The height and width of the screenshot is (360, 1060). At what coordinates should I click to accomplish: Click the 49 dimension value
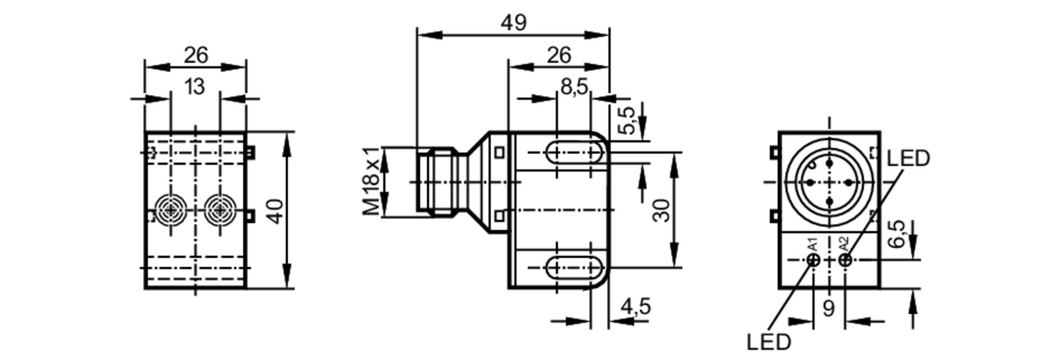513,23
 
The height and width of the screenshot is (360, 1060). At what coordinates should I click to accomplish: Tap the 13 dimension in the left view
195,86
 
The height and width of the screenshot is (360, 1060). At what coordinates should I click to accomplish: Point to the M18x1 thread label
372,182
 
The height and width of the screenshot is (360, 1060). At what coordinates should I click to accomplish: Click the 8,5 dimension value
574,86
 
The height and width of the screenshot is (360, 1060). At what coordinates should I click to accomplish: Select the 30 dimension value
661,210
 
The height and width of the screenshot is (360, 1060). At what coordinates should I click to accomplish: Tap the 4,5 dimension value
635,307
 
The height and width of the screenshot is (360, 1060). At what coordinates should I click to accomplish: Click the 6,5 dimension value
896,234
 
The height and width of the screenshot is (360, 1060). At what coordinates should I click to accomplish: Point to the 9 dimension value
829,308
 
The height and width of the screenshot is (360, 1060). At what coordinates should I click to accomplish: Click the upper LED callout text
908,158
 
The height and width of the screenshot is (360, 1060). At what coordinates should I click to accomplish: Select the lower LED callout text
768,342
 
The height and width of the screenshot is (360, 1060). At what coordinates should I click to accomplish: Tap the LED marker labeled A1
814,260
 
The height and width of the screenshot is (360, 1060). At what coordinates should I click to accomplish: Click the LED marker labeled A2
845,260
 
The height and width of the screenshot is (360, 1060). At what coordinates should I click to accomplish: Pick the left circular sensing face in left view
170,210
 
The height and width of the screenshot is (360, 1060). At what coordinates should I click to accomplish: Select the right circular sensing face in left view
220,210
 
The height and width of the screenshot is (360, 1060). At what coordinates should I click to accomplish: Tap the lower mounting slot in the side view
574,268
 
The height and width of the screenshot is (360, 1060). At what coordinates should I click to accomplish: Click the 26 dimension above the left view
196,55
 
